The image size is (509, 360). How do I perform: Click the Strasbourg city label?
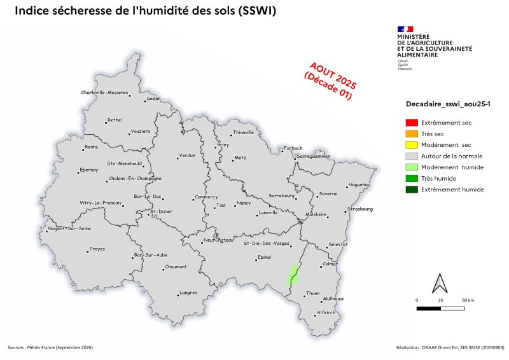pyautogui.click(x=361, y=209)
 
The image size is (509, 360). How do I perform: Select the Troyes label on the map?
pyautogui.click(x=97, y=249)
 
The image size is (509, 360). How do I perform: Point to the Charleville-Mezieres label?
pyautogui.click(x=104, y=93)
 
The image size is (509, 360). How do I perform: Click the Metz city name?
pyautogui.click(x=240, y=157)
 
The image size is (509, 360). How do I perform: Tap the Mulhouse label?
pyautogui.click(x=333, y=298)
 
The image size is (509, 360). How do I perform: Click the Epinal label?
pyautogui.click(x=264, y=258)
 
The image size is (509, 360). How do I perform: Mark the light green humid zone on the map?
pyautogui.click(x=293, y=275)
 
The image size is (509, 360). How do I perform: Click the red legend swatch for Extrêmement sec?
pyautogui.click(x=412, y=123)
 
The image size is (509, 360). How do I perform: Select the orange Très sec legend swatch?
pyautogui.click(x=412, y=134)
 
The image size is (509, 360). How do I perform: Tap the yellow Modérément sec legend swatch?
pyautogui.click(x=412, y=145)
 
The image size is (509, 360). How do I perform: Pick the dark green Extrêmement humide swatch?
pyautogui.click(x=412, y=190)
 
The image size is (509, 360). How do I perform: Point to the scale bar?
pyautogui.click(x=440, y=308)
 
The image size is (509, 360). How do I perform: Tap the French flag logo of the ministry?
pyautogui.click(x=405, y=29)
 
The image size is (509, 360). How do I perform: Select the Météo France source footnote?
pyautogui.click(x=50, y=347)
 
